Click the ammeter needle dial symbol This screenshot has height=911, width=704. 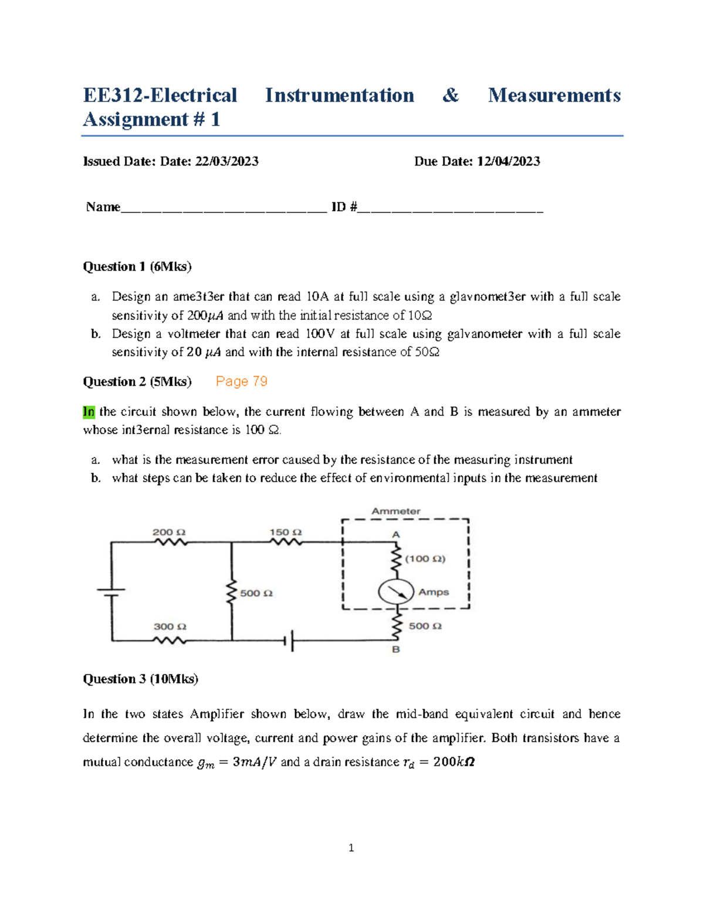coord(396,592)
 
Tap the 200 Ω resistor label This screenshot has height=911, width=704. coord(169,532)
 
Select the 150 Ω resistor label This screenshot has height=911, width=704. coord(286,532)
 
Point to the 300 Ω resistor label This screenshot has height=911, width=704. coord(170,626)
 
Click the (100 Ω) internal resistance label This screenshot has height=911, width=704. coord(425,558)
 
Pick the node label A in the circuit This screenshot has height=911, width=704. coord(396,534)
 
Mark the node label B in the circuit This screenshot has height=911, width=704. coord(396,649)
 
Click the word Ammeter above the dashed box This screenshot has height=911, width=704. coord(396,511)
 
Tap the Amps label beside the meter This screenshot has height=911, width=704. coord(434,592)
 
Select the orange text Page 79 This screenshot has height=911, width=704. coord(242,381)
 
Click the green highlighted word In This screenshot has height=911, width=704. coord(89,412)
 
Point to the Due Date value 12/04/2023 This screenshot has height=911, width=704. coord(508,161)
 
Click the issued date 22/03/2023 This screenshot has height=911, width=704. coord(226,161)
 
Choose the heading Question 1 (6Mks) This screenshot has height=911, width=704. coord(137,266)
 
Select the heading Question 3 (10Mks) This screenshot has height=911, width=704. coord(141,679)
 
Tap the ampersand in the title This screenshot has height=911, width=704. coord(451,95)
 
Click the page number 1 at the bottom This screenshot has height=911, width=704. coord(351,848)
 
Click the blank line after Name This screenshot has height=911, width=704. coord(223,208)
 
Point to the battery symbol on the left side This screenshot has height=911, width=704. coord(111,592)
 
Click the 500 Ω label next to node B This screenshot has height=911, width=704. coord(425,626)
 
